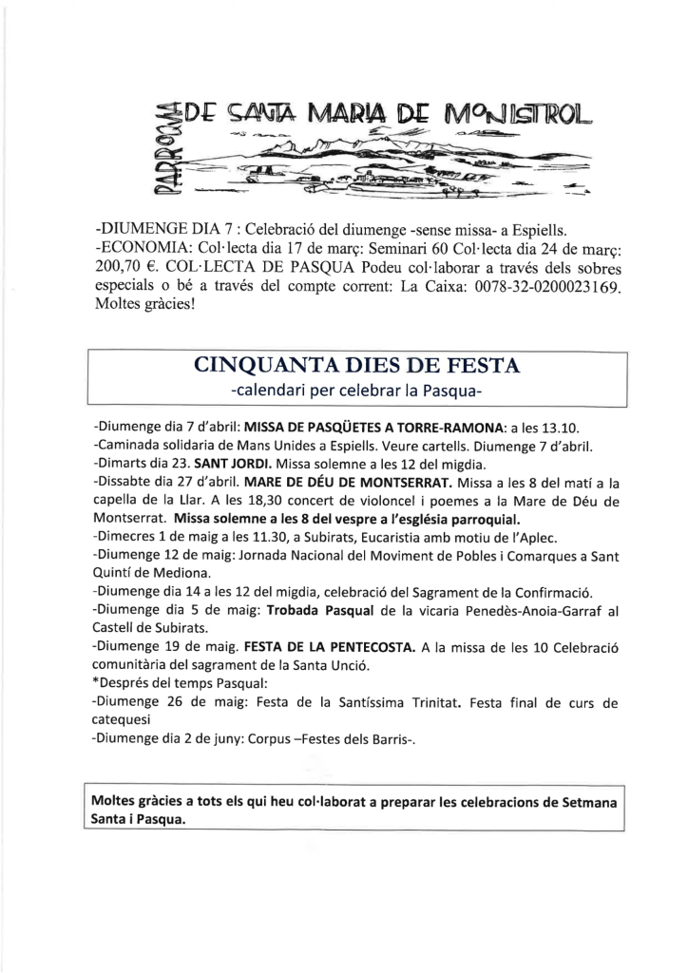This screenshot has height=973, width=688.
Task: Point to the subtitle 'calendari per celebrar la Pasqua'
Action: click(357, 391)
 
